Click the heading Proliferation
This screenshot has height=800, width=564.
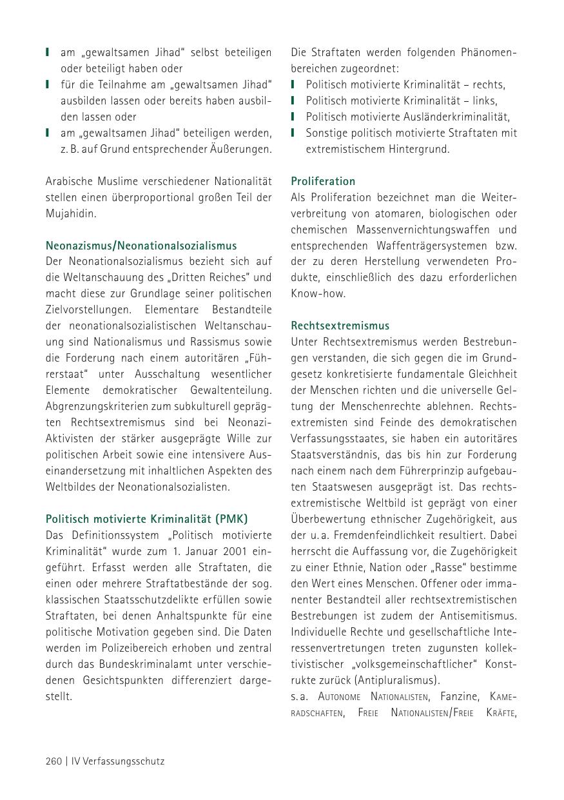(x=323, y=181)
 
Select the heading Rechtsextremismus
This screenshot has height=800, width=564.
(x=340, y=326)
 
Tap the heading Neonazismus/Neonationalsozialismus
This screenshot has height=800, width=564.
(x=141, y=246)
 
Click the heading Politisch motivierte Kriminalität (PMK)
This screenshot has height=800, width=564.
(x=147, y=519)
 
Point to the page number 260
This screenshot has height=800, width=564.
(x=53, y=761)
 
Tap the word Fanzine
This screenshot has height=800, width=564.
(x=460, y=696)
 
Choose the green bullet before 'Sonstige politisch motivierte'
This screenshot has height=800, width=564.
(x=293, y=133)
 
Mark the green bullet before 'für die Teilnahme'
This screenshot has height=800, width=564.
(x=48, y=84)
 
